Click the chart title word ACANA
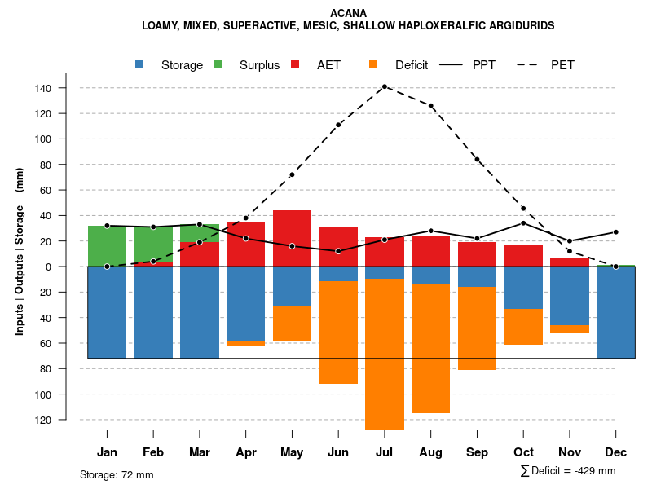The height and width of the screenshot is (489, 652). [x=348, y=13]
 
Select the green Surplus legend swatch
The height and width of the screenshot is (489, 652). [x=218, y=64]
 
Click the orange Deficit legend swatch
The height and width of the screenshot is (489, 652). [x=373, y=64]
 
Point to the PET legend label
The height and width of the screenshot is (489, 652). [x=562, y=65]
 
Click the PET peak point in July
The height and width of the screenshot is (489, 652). [x=385, y=86]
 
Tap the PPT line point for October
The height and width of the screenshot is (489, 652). [x=523, y=223]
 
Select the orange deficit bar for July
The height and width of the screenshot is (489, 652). [x=385, y=354]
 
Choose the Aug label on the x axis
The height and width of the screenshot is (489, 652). [x=430, y=452]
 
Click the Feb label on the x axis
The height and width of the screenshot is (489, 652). [x=153, y=452]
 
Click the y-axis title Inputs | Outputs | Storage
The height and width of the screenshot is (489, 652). [x=20, y=251]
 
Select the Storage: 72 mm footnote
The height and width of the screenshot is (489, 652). [x=117, y=474]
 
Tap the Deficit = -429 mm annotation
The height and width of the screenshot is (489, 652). [x=568, y=471]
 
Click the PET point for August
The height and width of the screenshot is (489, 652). [x=431, y=106]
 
